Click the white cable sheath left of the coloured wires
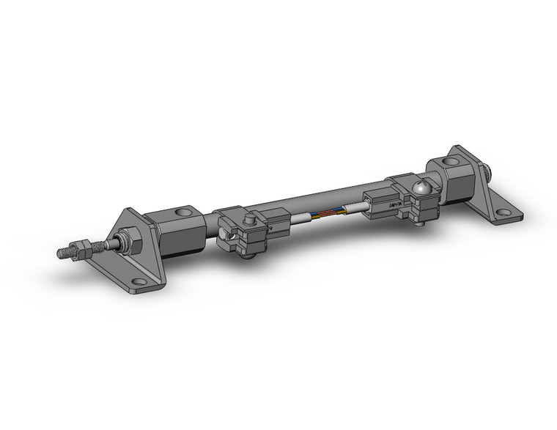[x=304, y=219]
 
